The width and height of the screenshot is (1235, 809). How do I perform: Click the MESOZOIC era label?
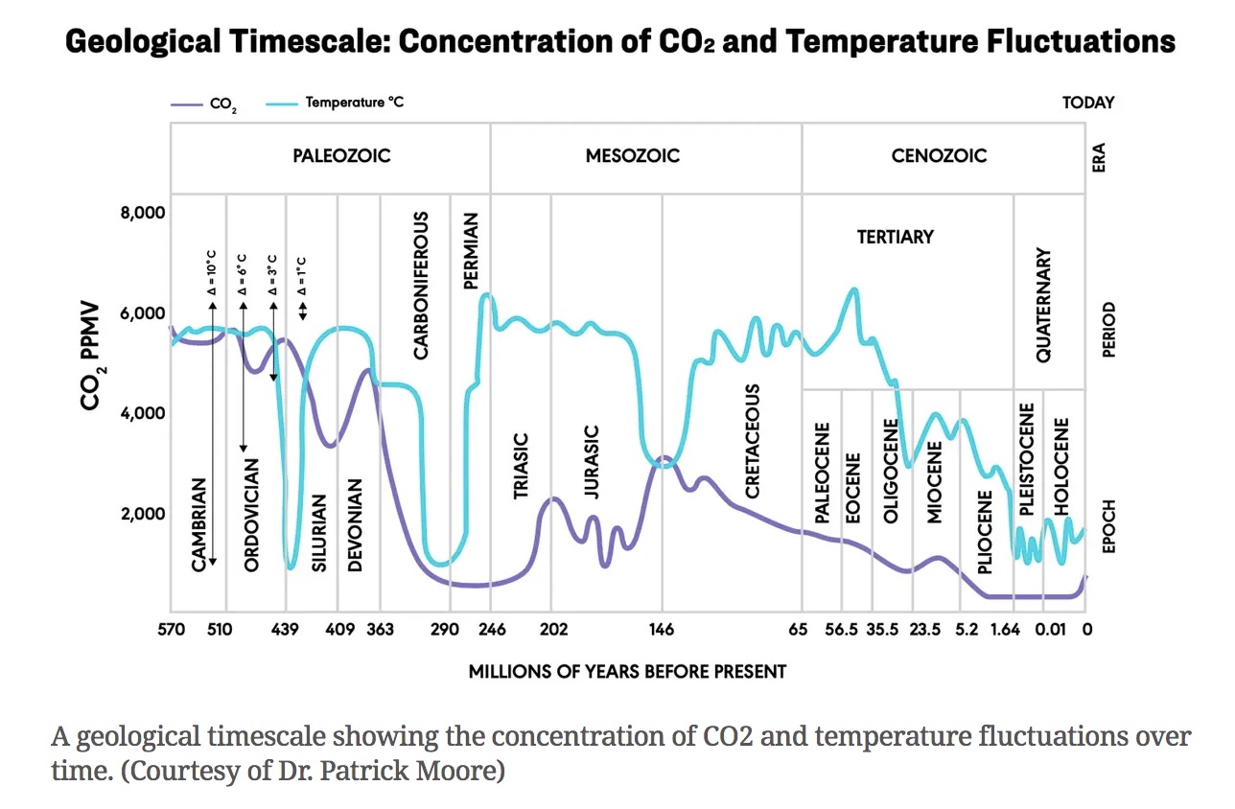[633, 155]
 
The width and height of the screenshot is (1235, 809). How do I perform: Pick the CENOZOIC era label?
[939, 155]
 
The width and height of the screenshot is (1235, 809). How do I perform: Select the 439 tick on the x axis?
[285, 630]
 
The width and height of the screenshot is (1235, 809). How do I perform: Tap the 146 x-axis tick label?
[661, 630]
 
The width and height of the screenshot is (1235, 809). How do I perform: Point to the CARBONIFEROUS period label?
[422, 286]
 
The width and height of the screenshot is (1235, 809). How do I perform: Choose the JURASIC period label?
[592, 463]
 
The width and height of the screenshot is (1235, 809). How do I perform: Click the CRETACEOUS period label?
[753, 442]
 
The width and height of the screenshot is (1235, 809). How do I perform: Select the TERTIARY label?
[895, 237]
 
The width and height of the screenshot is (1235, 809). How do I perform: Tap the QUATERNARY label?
[1044, 305]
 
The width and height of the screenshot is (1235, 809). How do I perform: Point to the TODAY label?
[1087, 103]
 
